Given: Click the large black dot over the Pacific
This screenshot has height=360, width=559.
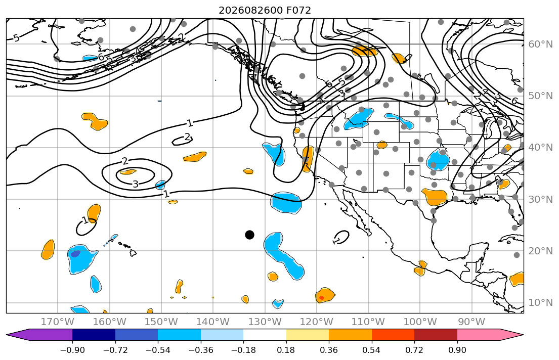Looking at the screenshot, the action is [x=249, y=235].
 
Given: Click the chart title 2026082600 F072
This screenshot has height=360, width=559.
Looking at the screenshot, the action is [x=265, y=10].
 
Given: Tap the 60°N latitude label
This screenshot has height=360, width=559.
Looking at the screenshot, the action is [x=541, y=44].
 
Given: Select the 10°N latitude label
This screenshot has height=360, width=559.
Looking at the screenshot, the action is [x=541, y=303].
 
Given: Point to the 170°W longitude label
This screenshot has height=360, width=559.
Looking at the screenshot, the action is [x=58, y=322].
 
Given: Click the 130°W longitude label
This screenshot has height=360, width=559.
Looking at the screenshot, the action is [x=265, y=322].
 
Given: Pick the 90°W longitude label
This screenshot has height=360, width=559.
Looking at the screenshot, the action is [x=471, y=322].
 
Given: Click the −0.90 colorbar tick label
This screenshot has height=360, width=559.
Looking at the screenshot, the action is [x=72, y=350].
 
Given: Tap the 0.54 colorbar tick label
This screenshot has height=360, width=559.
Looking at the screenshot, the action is [x=371, y=350].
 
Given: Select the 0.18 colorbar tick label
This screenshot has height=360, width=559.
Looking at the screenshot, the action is [x=286, y=350].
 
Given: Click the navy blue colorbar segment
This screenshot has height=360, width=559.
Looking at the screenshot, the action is [x=94, y=335].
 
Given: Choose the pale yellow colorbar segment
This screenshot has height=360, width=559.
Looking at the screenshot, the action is [x=307, y=335].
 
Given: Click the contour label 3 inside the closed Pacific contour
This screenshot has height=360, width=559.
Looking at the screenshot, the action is [x=136, y=184].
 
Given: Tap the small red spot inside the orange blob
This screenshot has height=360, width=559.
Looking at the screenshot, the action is [x=321, y=298].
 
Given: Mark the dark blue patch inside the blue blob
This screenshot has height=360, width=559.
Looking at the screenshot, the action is [x=75, y=254].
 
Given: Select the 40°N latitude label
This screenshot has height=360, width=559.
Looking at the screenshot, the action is [x=541, y=148].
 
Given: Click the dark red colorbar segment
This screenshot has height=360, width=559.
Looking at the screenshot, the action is [x=436, y=335].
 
